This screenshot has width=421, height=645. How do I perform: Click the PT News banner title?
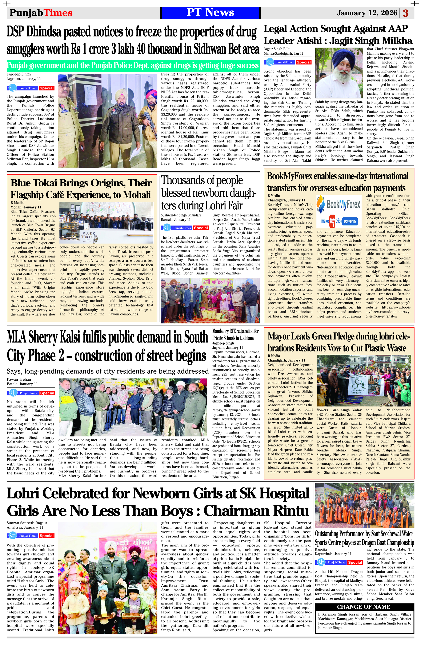210,12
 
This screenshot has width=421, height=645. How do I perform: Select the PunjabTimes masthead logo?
41,13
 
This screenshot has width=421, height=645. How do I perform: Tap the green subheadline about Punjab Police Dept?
133,66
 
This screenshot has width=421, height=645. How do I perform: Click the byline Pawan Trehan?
19,379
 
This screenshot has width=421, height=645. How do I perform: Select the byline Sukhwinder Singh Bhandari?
181,215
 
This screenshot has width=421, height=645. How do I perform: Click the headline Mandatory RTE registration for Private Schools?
235,334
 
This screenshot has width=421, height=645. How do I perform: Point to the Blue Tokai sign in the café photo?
87,237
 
